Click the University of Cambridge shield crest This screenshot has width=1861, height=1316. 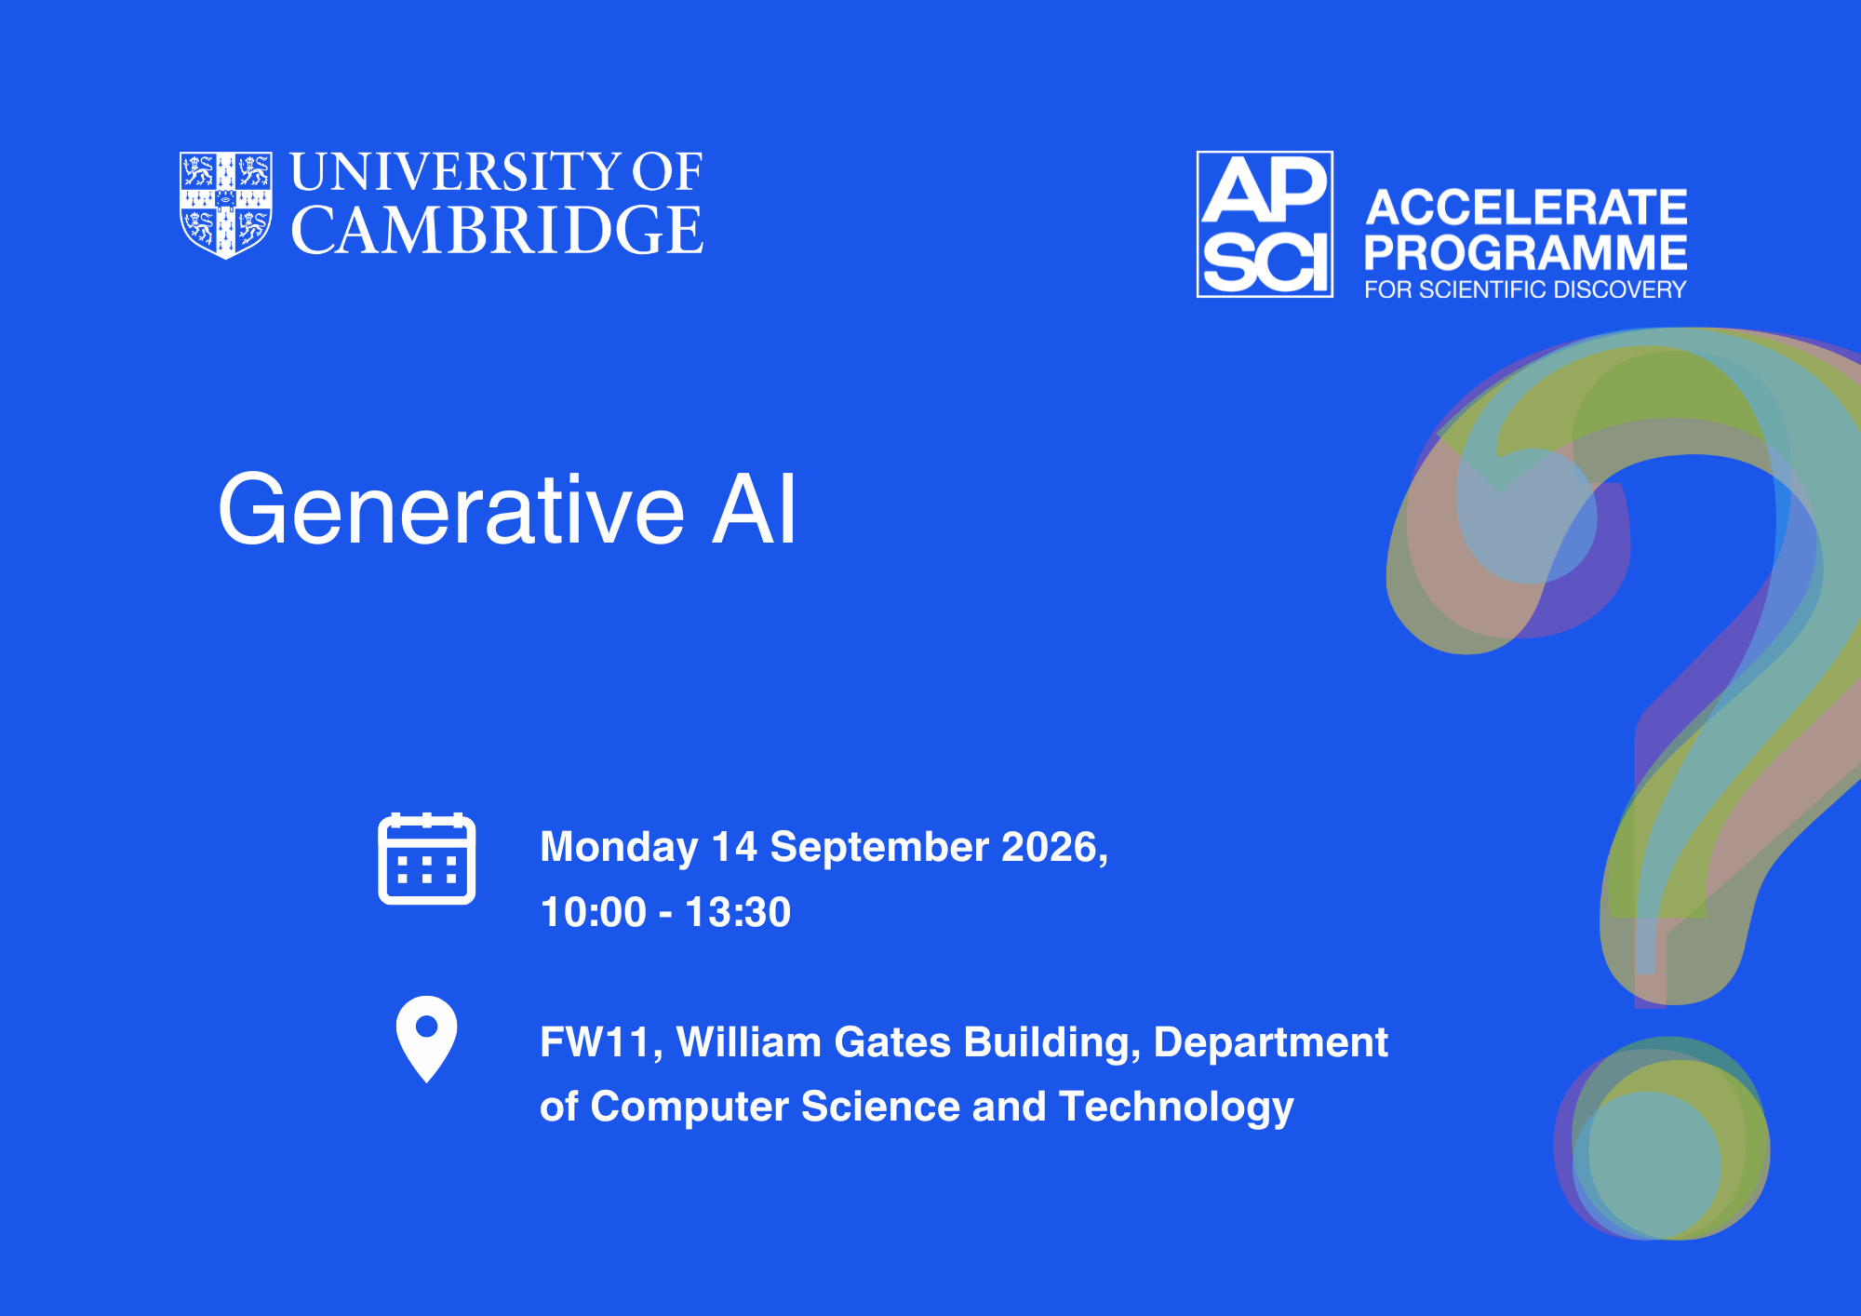[226, 205]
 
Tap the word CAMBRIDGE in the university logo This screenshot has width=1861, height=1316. [497, 230]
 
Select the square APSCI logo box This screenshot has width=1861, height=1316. [1265, 224]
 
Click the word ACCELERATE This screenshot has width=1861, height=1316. [1526, 207]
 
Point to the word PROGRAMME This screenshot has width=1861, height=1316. [1526, 252]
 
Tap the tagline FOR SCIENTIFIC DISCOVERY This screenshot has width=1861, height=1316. [1525, 289]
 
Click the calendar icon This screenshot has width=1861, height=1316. [427, 858]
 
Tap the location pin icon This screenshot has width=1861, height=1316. [427, 1039]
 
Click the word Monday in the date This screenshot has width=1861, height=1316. [619, 848]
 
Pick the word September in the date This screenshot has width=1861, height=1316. [879, 848]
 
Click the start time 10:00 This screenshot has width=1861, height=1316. [593, 912]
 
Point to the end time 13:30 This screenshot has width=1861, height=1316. [738, 912]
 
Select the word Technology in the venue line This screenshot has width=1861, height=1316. [1176, 1108]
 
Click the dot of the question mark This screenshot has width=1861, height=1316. [1662, 1138]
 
